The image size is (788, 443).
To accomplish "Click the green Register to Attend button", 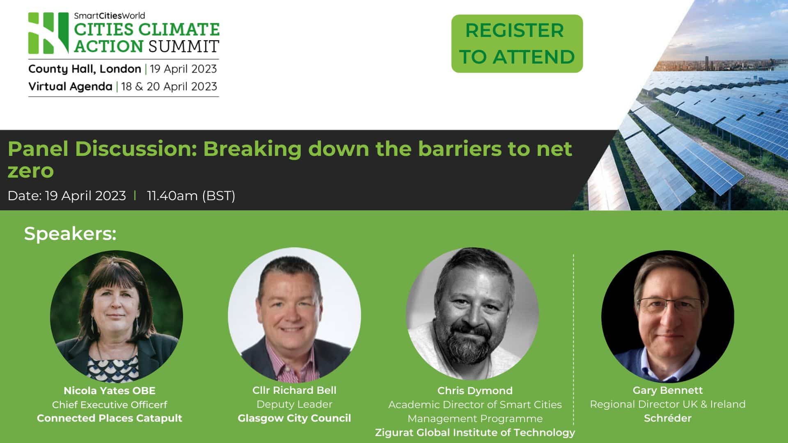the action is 517,43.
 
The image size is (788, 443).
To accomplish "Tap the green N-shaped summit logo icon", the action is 48,33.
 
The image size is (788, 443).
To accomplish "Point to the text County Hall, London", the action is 85,69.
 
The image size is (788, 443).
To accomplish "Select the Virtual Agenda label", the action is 70,87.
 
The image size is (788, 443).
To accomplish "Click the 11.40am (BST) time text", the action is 191,196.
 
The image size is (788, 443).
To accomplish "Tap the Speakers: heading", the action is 70,233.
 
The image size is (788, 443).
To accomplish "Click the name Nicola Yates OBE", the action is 110,390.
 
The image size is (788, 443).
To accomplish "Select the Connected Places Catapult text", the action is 110,418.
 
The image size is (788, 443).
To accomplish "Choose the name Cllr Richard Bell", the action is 294,390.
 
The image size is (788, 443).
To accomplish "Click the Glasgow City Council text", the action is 294,418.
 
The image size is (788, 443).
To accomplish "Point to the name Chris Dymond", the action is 475,390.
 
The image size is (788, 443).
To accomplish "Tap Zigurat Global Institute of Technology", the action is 475,432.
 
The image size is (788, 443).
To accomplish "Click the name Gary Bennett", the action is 668,390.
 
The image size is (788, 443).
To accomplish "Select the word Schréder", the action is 668,418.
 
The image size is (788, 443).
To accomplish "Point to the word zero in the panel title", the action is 31,171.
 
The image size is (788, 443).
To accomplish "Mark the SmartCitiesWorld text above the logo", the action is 109,16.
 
